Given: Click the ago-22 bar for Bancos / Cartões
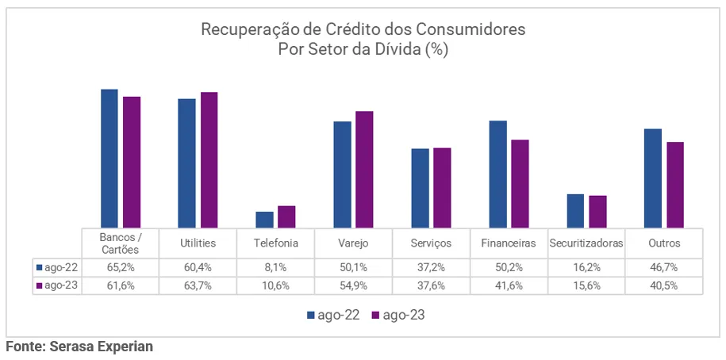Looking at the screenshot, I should point(109,159).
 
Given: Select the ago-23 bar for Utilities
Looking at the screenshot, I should point(209,160).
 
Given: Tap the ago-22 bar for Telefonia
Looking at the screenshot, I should point(264,220).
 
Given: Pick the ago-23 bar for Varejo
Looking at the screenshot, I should point(364,170).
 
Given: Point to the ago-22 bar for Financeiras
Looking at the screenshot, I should point(497,174).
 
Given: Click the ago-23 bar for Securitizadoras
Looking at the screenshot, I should point(597,212).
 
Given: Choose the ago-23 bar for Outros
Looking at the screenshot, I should point(675,185).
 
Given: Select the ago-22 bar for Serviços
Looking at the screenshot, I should point(420,188).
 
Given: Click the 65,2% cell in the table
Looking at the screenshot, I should point(120,268).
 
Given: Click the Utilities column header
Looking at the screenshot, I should point(198,243).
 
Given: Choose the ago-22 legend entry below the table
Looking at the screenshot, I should point(333,315).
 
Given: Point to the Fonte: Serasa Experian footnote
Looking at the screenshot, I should point(79,347).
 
